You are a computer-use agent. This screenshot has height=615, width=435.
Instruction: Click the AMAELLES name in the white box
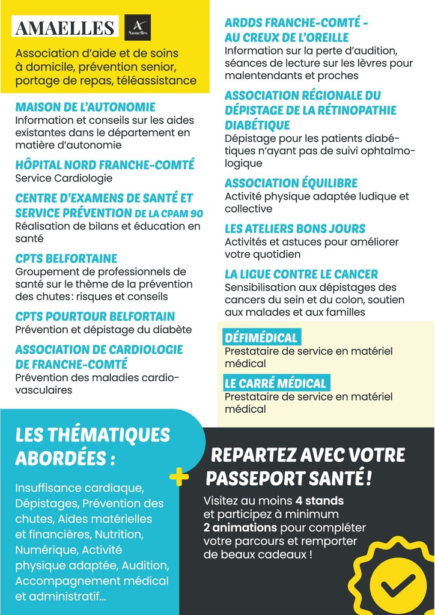pos(64,28)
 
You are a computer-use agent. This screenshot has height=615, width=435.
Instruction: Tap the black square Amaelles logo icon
pos(138,28)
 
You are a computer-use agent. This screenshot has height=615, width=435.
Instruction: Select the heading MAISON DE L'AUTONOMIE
pos(85,108)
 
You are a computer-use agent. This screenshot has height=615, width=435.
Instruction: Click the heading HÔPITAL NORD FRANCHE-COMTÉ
pos(105,165)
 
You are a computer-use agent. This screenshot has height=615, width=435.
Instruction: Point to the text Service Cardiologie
pos(64,178)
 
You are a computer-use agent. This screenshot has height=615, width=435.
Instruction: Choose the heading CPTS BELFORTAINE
pos(66,259)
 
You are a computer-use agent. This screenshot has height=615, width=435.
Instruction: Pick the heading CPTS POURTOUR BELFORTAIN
pos(95,317)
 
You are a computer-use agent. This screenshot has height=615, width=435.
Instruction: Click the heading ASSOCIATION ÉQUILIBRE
pos(291,183)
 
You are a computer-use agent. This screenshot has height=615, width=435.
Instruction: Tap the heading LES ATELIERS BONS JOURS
pos(295,229)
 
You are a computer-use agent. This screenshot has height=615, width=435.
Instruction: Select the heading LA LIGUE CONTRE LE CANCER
pos(301,274)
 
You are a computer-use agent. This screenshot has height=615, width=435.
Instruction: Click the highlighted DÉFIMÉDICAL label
pos(261,338)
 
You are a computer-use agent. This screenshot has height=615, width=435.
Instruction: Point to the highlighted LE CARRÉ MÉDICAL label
pos(275,383)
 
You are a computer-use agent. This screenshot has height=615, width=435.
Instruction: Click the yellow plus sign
pos(179,477)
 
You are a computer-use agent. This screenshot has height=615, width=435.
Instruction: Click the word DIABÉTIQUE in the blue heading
pos(257,126)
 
